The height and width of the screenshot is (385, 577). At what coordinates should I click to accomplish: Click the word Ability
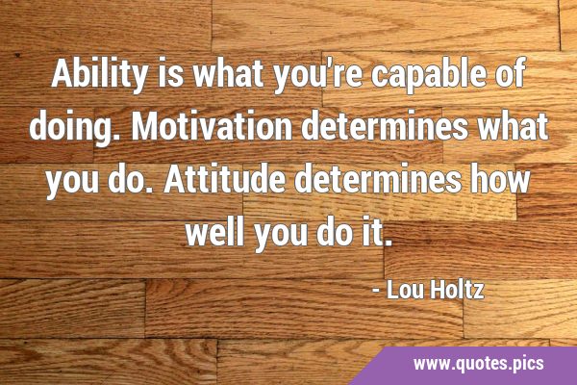click(99, 74)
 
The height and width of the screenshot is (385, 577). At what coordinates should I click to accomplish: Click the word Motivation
click(212, 127)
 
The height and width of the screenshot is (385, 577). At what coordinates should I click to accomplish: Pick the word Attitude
click(225, 180)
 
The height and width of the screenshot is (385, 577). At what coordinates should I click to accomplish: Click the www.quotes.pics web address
click(478, 363)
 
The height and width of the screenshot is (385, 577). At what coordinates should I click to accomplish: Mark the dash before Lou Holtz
click(376, 291)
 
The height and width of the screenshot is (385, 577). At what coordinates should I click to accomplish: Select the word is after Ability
click(170, 74)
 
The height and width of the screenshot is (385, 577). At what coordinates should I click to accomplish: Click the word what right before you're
click(228, 74)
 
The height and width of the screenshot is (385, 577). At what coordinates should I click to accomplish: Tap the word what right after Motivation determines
click(512, 127)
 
